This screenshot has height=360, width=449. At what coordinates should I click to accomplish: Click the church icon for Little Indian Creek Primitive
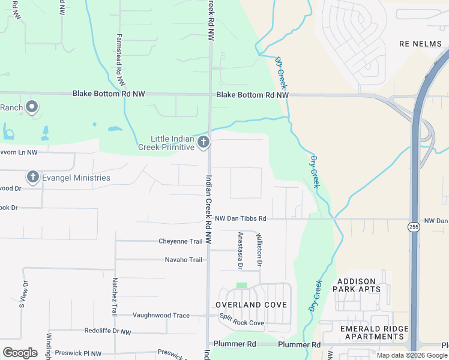[203, 142]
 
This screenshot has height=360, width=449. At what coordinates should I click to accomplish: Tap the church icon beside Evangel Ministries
[32, 177]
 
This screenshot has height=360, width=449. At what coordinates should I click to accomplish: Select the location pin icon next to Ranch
[32, 107]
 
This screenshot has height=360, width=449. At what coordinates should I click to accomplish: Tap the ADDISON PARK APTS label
[359, 285]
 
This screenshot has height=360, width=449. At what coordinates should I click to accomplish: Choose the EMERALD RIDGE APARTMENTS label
[374, 332]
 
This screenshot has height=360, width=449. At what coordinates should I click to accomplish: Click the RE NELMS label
[421, 44]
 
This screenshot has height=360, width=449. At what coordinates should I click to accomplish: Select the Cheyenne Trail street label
[181, 241]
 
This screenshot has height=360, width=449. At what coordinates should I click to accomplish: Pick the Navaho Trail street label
[184, 260]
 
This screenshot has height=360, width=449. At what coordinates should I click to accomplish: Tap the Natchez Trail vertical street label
[113, 297]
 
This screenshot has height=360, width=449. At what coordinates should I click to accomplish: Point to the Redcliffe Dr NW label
[107, 331]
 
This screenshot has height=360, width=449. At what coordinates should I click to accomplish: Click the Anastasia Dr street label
[240, 250]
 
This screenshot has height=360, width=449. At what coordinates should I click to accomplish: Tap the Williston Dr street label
[259, 250]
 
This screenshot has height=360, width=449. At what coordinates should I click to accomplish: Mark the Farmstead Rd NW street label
[120, 59]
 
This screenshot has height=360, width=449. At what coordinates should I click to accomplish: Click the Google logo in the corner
[20, 353]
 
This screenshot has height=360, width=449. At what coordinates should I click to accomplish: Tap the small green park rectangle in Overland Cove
[242, 285]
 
